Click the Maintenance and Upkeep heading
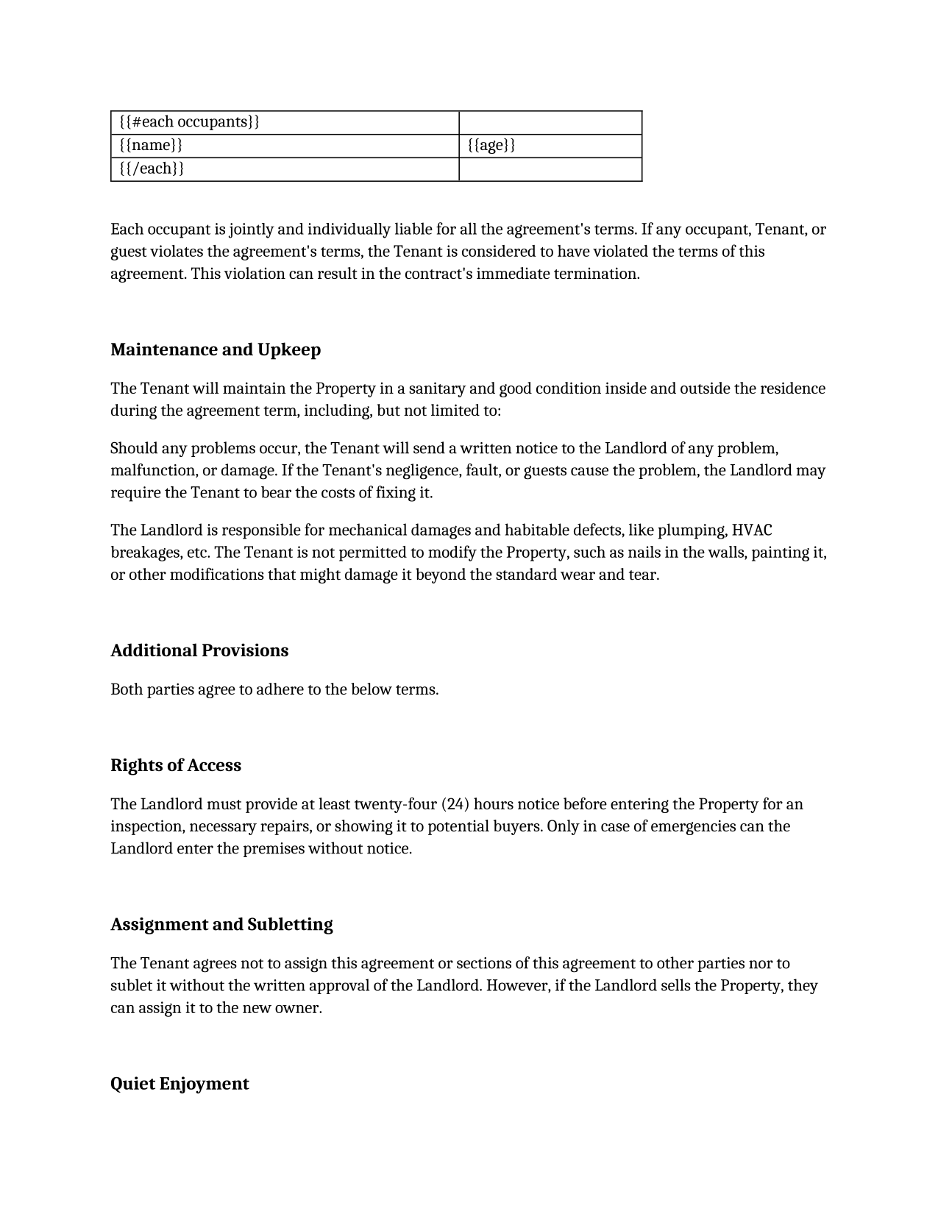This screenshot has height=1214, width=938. [216, 349]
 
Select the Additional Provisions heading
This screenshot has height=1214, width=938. [199, 650]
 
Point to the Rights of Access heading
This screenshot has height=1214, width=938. [176, 765]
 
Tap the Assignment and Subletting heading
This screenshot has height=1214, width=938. [221, 924]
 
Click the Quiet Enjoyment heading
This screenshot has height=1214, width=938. [180, 1084]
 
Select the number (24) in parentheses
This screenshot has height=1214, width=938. [455, 804]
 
